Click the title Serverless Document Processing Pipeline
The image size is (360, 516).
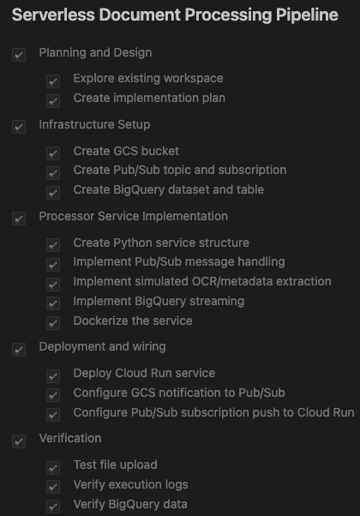click(x=175, y=15)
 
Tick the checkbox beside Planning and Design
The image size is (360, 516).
click(x=19, y=55)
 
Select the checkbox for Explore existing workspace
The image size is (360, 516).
click(x=53, y=81)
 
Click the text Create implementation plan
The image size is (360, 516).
click(x=149, y=98)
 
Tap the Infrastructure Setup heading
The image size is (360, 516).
click(x=94, y=124)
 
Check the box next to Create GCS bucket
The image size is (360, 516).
click(x=53, y=153)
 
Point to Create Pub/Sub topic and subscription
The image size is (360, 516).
click(x=180, y=170)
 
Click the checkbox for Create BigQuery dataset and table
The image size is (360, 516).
click(x=53, y=193)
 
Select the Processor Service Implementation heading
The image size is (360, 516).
click(x=133, y=216)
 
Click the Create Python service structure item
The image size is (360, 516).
click(x=161, y=243)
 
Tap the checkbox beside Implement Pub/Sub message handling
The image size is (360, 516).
click(x=53, y=265)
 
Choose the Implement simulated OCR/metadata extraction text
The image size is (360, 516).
click(x=202, y=281)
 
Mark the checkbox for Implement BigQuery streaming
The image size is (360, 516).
click(x=53, y=303)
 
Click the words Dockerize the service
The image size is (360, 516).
click(x=133, y=321)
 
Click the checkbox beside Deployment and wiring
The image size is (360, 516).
click(x=19, y=350)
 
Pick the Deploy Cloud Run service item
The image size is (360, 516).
click(x=144, y=373)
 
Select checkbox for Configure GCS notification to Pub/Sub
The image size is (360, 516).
click(x=53, y=395)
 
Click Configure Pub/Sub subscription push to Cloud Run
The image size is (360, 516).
click(x=213, y=412)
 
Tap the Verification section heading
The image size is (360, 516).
click(x=70, y=438)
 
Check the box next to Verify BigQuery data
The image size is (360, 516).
click(x=53, y=507)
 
